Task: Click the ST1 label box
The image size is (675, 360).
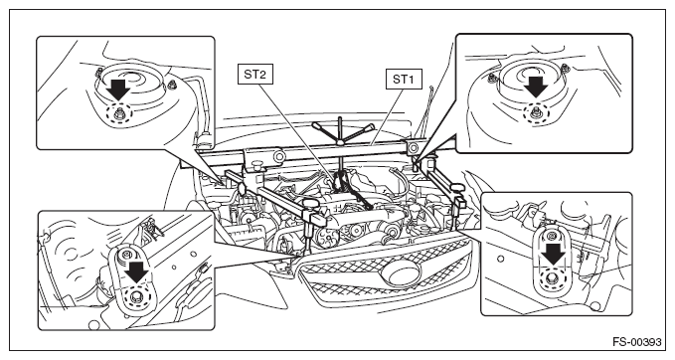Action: pos(404,80)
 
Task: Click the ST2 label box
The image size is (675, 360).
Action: pos(254,74)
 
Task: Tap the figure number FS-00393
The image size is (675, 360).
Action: pos(636,342)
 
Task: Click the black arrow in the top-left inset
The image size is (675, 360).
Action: pos(118,90)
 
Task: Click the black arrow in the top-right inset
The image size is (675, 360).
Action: pos(536,87)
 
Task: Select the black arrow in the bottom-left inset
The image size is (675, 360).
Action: pos(137,272)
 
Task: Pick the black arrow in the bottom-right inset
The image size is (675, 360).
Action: pos(554,255)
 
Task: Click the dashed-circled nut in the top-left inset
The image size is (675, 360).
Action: pos(118,114)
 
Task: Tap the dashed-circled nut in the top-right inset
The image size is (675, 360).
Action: pos(536,112)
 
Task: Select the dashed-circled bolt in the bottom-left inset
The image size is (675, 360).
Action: pos(137,297)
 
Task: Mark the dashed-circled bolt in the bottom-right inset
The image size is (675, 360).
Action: pos(553,279)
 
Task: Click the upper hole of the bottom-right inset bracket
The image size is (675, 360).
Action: pos(550,237)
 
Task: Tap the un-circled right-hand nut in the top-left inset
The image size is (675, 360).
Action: pos(172,85)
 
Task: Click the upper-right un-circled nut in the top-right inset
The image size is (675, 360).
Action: pos(565,68)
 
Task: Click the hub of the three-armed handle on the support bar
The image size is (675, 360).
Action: pos(340,142)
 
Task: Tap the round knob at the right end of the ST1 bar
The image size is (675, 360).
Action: pos(413,148)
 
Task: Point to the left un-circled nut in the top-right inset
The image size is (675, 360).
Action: pos(491,78)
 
